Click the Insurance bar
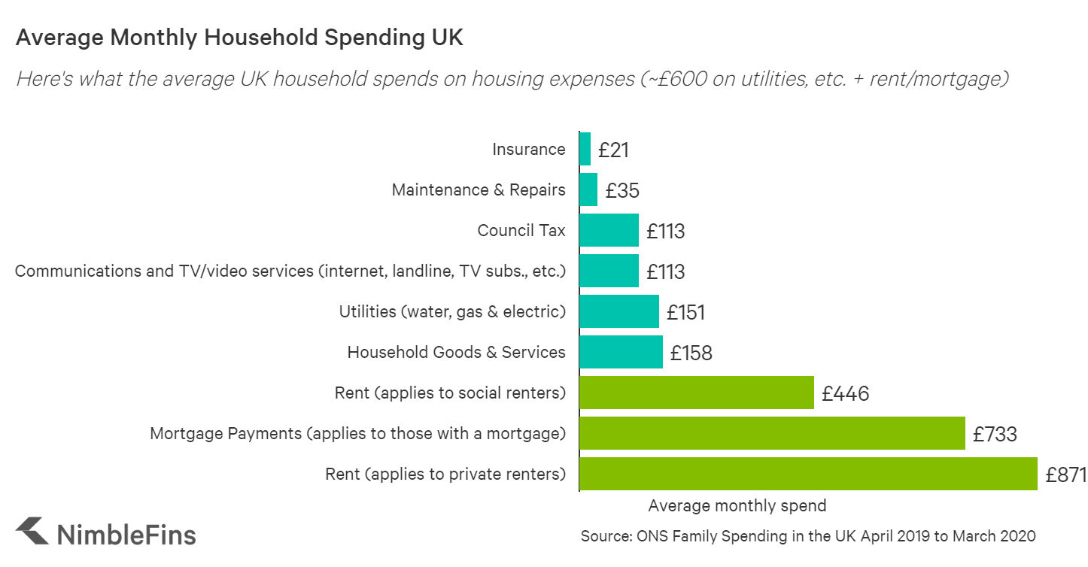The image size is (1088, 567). (x=585, y=149)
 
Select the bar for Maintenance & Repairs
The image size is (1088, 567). (x=588, y=190)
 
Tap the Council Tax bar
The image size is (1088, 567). (x=609, y=230)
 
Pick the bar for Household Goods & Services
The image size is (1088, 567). (x=621, y=352)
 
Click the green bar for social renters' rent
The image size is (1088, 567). (x=697, y=393)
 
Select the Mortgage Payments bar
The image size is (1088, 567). (x=772, y=433)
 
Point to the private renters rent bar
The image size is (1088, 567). (x=808, y=474)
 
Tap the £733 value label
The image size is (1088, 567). (x=995, y=434)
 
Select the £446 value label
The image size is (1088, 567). (x=845, y=393)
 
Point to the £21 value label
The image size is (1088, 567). (x=613, y=150)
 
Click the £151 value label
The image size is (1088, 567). (x=685, y=312)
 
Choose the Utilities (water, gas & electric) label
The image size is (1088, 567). (x=452, y=311)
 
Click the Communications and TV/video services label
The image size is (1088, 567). (x=290, y=271)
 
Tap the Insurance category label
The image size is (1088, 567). (x=528, y=149)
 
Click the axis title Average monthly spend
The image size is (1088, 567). (x=737, y=505)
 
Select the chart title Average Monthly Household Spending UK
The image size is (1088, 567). (x=239, y=38)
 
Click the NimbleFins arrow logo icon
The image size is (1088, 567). (x=32, y=531)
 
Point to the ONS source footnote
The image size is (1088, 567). (x=808, y=536)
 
